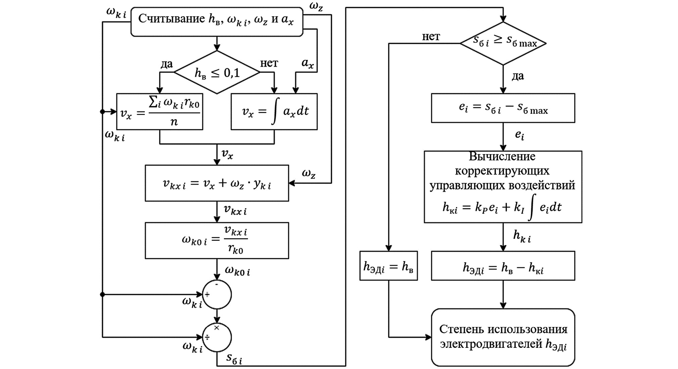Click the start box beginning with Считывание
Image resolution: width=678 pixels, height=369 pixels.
click(x=216, y=22)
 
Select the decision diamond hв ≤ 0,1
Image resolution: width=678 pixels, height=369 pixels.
click(x=217, y=72)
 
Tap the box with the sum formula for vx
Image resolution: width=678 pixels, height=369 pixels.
click(x=160, y=112)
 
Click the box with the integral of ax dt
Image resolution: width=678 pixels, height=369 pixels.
click(x=274, y=112)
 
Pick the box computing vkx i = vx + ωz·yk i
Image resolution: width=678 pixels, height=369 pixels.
click(x=217, y=183)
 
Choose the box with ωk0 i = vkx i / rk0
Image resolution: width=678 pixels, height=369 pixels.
click(x=217, y=240)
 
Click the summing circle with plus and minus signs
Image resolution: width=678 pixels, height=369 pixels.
click(x=217, y=294)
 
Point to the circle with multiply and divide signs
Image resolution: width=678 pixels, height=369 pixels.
click(x=217, y=337)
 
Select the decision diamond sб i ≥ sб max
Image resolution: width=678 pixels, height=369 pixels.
click(x=503, y=43)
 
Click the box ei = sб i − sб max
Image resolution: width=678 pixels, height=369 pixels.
click(x=503, y=108)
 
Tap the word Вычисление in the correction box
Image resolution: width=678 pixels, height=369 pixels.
click(x=502, y=157)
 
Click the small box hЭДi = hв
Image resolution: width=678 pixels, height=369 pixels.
click(x=388, y=266)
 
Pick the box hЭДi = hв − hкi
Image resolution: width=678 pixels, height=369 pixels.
click(x=503, y=266)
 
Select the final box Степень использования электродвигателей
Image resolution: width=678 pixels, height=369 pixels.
click(x=503, y=337)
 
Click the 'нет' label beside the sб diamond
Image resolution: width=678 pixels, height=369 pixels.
click(x=431, y=37)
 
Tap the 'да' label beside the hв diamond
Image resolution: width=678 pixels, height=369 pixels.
click(x=166, y=64)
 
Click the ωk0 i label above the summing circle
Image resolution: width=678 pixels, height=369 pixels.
click(x=237, y=271)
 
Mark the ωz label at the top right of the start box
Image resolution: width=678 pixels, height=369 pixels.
click(x=316, y=6)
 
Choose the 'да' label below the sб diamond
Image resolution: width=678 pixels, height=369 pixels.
click(x=518, y=76)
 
